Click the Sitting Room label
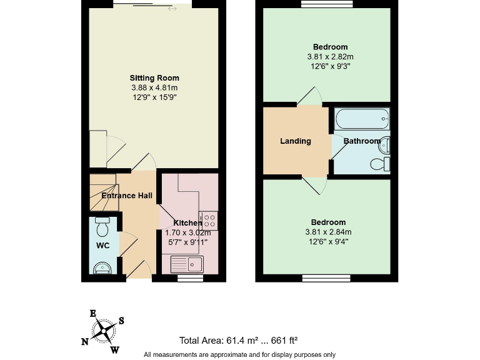click(x=150, y=77)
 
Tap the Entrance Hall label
click(x=127, y=196)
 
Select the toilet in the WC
click(x=102, y=223)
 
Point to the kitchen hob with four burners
click(x=209, y=220)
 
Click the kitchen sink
click(x=187, y=263)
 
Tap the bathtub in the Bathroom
click(x=361, y=117)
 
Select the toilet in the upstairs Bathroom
click(x=379, y=164)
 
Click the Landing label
click(x=296, y=141)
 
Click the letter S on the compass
click(x=121, y=321)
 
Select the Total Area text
click(x=238, y=341)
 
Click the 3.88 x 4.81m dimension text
click(x=150, y=87)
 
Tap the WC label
click(x=102, y=246)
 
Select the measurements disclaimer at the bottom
click(x=239, y=354)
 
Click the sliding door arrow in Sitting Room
click(x=172, y=8)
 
